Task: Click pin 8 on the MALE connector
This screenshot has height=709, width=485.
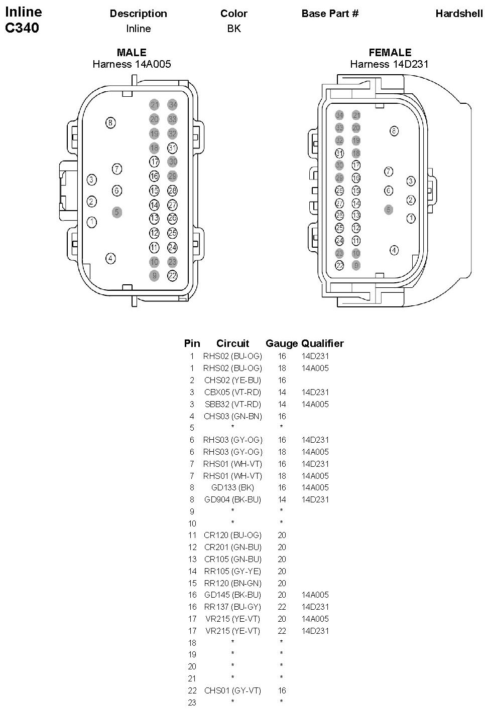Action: (x=110, y=123)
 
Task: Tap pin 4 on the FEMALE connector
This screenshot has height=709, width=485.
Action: (x=394, y=250)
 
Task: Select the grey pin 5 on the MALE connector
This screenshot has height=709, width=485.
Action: (x=117, y=212)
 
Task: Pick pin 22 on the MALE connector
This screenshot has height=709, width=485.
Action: (x=172, y=276)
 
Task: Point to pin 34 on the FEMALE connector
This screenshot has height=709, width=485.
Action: (x=340, y=115)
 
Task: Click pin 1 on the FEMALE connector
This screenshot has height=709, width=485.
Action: (x=411, y=218)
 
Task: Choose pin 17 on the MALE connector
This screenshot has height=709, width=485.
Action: (x=154, y=161)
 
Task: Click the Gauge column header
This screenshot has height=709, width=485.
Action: (x=282, y=343)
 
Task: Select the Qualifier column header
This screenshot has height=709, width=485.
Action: (x=322, y=343)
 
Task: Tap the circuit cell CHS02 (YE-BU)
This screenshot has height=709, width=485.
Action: (x=232, y=380)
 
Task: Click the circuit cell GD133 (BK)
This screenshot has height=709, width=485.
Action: (x=232, y=487)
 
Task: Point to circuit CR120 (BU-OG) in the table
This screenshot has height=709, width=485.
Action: (x=232, y=535)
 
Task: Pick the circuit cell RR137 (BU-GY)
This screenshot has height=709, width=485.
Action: (x=232, y=607)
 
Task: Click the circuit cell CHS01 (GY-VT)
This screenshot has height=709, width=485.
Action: (x=232, y=690)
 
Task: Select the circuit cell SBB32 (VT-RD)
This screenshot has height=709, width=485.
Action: (x=232, y=404)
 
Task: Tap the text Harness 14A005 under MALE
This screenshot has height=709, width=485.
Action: (x=132, y=64)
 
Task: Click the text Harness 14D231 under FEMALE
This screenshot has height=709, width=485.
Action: (x=389, y=64)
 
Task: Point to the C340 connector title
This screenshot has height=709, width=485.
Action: (x=22, y=28)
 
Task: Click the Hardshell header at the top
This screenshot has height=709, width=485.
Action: (x=459, y=14)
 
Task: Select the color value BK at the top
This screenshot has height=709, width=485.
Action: (x=234, y=29)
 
